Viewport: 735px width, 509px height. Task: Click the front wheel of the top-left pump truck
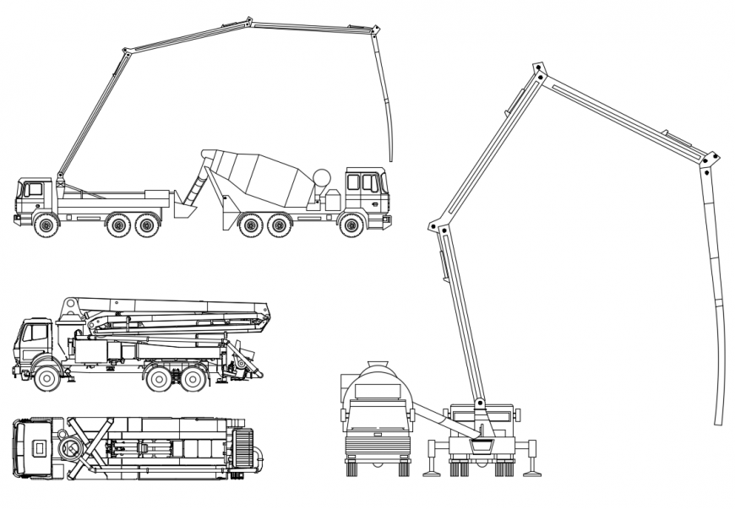click(x=46, y=225)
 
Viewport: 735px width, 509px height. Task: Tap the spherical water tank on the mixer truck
click(x=322, y=177)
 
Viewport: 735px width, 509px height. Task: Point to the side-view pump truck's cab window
click(x=33, y=190)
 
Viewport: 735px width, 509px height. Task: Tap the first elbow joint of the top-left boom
click(x=127, y=52)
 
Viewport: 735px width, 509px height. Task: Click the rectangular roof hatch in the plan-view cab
click(x=38, y=445)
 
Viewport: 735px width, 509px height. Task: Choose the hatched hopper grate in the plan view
click(x=243, y=447)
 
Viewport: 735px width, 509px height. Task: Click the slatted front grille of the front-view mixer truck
click(x=377, y=444)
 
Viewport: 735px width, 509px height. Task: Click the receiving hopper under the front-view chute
click(x=482, y=442)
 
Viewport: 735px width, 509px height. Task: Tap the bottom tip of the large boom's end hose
click(x=721, y=422)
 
